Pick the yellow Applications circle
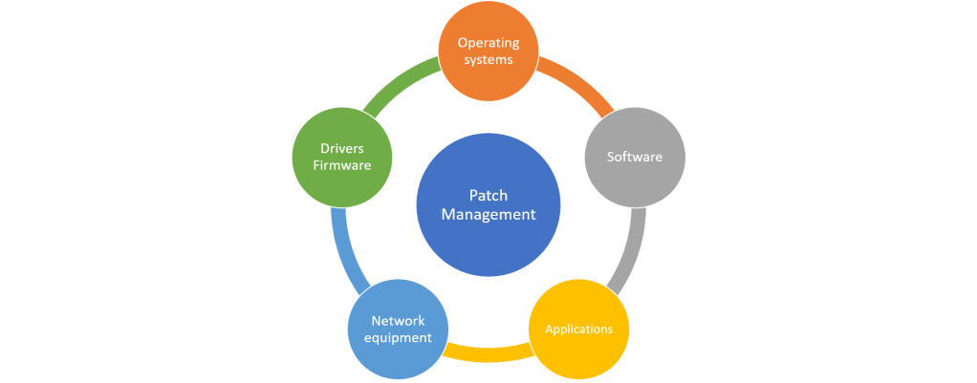pyautogui.click(x=578, y=330)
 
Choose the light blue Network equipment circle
pyautogui.click(x=397, y=329)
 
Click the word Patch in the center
pyautogui.click(x=488, y=194)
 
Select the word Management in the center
pyautogui.click(x=488, y=214)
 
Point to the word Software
pyautogui.click(x=635, y=157)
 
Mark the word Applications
pyautogui.click(x=578, y=330)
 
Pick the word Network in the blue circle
pyautogui.click(x=398, y=320)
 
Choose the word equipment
pyautogui.click(x=398, y=337)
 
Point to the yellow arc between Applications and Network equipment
pyautogui.click(x=488, y=351)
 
